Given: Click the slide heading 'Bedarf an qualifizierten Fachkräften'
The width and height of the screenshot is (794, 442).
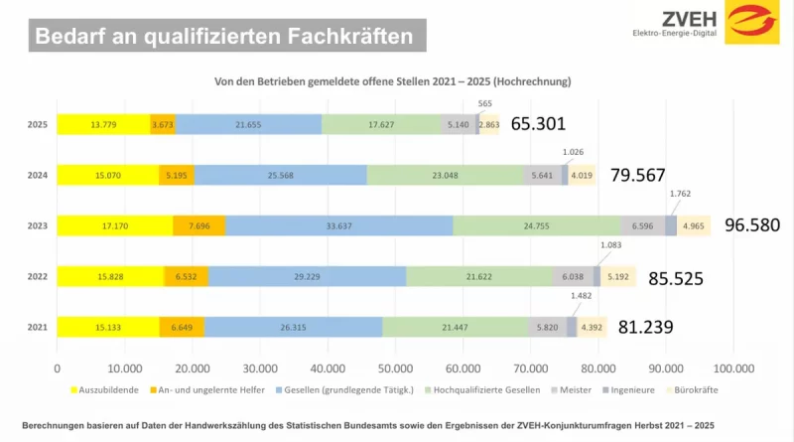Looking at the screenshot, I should pos(223,37).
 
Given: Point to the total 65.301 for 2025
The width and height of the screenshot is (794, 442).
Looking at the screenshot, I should pos(545,124).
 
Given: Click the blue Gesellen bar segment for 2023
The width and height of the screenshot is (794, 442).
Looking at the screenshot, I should pos(339,225).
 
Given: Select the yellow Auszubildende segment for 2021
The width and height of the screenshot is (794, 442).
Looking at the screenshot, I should pos(107,327).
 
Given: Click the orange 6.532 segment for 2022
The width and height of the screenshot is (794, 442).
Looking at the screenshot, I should pos(186,276).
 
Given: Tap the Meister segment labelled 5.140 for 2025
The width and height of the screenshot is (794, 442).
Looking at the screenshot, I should pos(457,124).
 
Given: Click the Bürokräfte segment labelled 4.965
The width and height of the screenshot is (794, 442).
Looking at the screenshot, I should pos(693,225).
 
